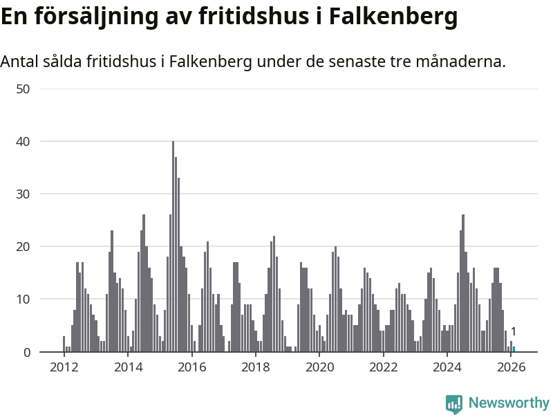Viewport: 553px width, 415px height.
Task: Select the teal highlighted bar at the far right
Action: [x=514, y=349]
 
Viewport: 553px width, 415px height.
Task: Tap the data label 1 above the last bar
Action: [x=514, y=332]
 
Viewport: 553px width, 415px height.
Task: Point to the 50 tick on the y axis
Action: [x=24, y=89]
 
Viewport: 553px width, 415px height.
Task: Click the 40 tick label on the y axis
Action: [x=24, y=141]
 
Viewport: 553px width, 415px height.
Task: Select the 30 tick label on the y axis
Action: [x=24, y=194]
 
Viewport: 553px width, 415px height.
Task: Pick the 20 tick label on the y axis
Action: [x=24, y=246]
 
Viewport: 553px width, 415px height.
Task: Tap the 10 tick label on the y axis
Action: [x=24, y=299]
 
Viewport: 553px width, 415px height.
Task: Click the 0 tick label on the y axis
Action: [x=27, y=352]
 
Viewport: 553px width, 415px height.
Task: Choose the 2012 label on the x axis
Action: [x=64, y=367]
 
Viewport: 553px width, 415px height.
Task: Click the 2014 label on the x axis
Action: [x=128, y=367]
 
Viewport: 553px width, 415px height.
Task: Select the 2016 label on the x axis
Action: [x=191, y=367]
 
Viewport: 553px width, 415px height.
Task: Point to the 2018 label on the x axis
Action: [x=255, y=367]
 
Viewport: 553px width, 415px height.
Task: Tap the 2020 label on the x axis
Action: [x=319, y=367]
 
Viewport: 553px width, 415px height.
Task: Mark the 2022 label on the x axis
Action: [x=383, y=367]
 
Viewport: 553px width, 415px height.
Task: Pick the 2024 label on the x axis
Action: [x=447, y=367]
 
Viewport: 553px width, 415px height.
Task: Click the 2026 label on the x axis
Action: [x=510, y=367]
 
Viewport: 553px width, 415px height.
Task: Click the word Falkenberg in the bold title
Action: [x=393, y=16]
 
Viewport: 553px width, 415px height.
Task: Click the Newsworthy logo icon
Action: [x=454, y=404]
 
